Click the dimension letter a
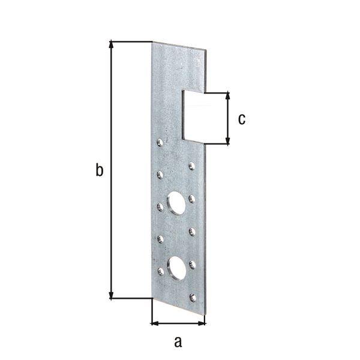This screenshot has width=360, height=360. pos(177,342)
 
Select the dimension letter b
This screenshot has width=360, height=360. pos(100,170)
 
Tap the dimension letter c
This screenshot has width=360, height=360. pos(241,119)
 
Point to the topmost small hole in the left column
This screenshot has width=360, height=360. pos(160,143)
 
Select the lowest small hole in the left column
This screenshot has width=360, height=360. pos(160,272)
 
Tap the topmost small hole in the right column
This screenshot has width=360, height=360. pos(191,166)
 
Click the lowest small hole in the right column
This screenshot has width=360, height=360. pos(193,297)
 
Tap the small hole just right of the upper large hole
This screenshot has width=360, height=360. pos(192,198)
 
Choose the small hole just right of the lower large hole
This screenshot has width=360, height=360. pos(193,263)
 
